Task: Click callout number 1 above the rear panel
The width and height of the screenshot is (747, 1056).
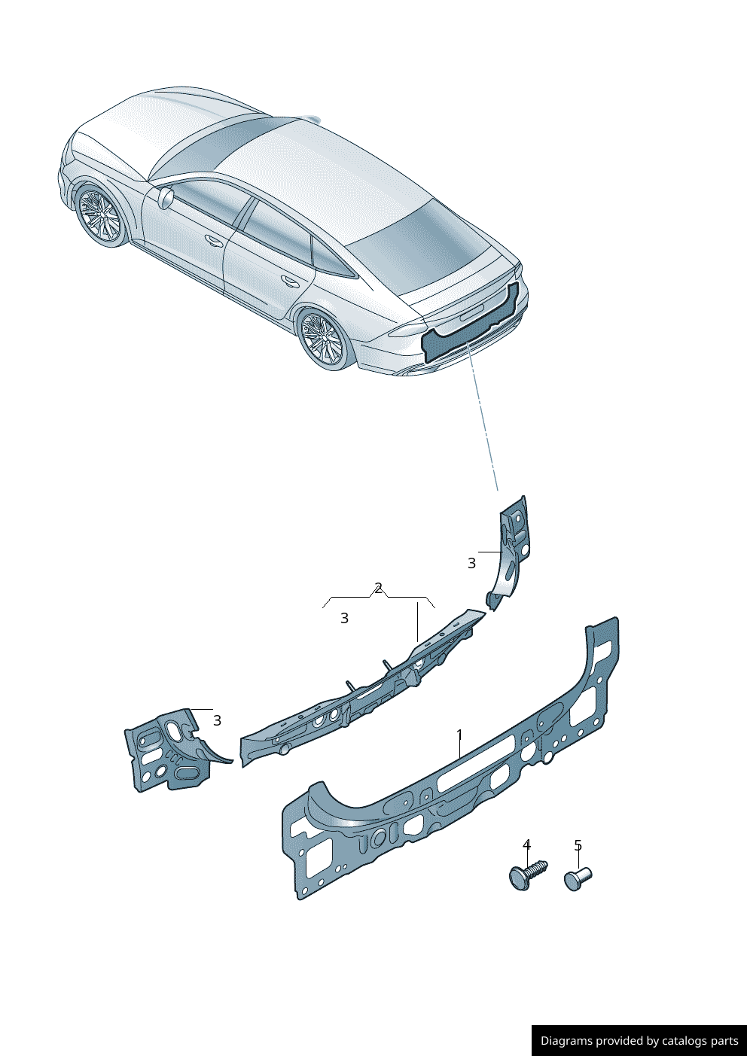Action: pos(459,735)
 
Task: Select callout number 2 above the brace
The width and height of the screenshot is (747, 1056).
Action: pos(378,588)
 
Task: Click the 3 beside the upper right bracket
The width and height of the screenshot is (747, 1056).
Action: pos(471,563)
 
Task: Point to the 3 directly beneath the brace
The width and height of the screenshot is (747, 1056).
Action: pos(344,618)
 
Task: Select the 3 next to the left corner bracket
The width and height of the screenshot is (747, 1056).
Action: pos(217,720)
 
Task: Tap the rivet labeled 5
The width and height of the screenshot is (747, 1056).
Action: pos(578,878)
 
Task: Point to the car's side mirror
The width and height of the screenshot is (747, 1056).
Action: pos(167,197)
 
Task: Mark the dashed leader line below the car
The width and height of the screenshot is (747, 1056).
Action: pos(483,417)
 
